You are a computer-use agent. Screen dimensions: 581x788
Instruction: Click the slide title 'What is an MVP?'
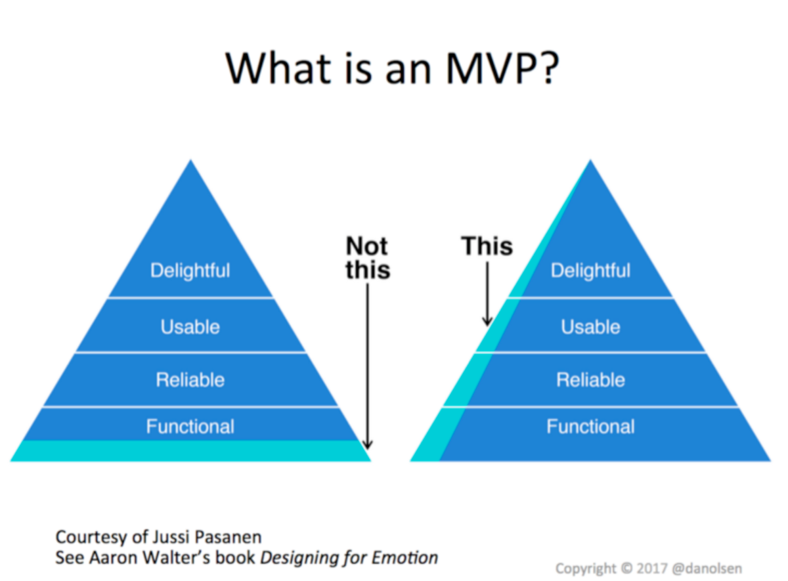393,68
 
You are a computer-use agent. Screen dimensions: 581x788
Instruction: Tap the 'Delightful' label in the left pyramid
190,270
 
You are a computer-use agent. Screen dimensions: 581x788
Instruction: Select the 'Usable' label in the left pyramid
190,326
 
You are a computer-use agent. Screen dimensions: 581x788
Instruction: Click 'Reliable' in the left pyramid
190,379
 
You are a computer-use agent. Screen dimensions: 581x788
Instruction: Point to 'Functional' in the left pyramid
190,427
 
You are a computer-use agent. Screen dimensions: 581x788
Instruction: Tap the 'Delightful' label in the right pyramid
590,270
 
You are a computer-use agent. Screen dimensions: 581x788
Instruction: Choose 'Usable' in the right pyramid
590,326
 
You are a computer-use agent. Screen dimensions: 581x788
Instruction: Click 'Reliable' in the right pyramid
590,379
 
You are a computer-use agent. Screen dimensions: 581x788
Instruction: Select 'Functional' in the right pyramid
590,427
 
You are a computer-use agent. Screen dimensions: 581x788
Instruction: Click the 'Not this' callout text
368,258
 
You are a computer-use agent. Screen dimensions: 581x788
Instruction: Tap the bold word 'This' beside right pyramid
487,246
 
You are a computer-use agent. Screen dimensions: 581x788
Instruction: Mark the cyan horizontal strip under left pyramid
190,451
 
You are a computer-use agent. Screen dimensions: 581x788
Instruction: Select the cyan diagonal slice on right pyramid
460,394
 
